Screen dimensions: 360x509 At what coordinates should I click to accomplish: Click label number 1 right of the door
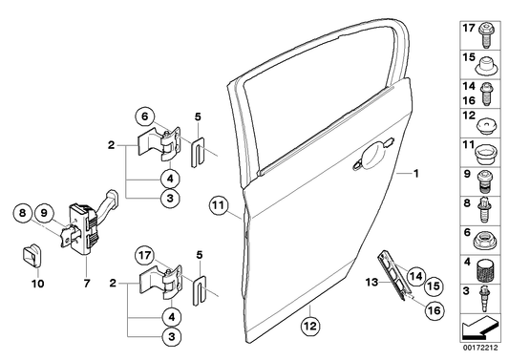click(x=415, y=174)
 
